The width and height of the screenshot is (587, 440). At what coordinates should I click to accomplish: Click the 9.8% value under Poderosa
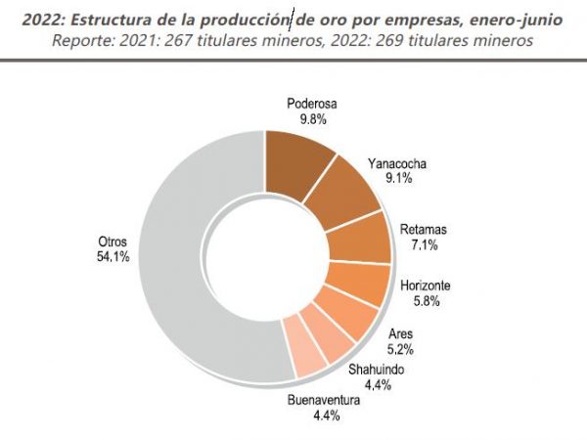coord(312,119)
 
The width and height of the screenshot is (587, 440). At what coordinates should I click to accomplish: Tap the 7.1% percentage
coord(426,245)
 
